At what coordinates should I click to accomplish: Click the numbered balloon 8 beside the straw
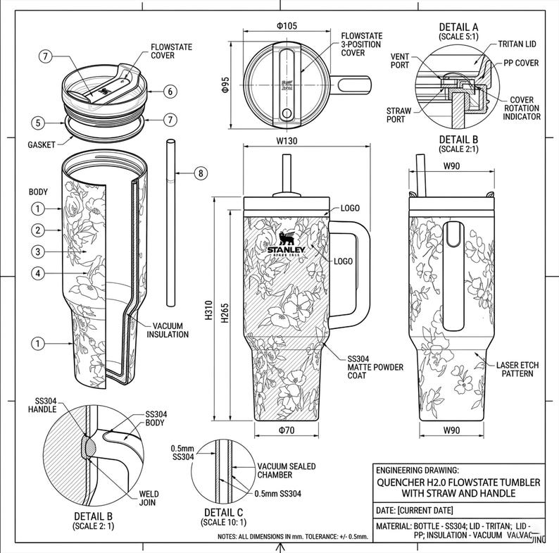(201, 173)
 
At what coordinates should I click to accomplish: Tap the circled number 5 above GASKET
(40, 121)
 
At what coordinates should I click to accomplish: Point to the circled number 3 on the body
(38, 251)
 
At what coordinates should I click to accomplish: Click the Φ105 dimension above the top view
(287, 26)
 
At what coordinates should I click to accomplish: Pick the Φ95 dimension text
(225, 85)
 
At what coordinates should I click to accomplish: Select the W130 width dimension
(287, 140)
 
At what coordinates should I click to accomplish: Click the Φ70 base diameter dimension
(286, 430)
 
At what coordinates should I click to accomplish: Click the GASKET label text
(42, 144)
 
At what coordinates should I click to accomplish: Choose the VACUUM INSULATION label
(168, 330)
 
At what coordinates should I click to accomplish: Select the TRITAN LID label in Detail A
(520, 44)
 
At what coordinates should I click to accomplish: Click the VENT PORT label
(400, 61)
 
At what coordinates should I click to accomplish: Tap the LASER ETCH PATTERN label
(517, 369)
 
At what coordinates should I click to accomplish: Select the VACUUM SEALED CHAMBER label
(286, 471)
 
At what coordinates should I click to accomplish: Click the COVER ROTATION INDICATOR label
(522, 108)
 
